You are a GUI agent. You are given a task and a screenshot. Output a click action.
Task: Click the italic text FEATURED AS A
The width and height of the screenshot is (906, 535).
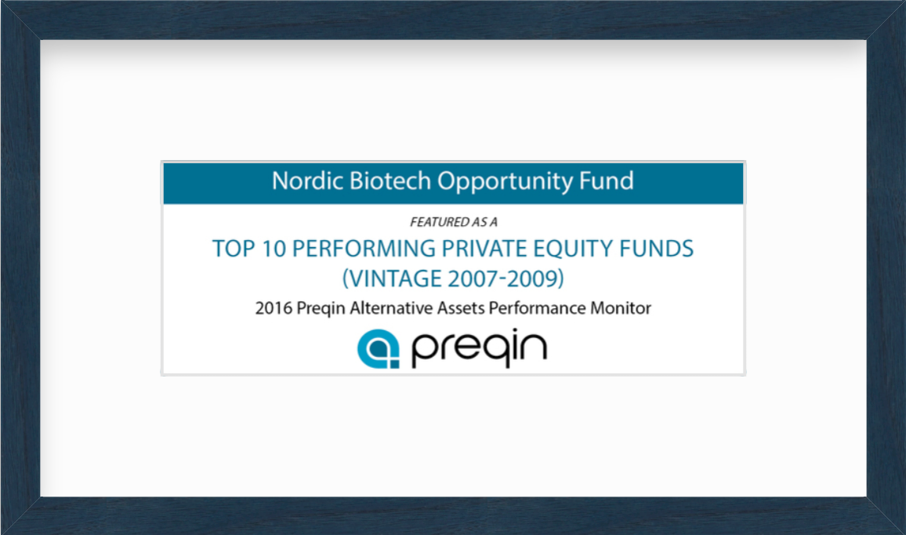click(454, 222)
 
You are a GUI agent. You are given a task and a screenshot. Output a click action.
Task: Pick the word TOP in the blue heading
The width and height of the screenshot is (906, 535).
click(234, 249)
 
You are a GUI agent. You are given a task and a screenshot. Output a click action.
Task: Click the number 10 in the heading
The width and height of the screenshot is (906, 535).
click(274, 249)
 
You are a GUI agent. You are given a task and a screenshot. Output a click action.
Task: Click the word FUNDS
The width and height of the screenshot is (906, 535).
click(657, 249)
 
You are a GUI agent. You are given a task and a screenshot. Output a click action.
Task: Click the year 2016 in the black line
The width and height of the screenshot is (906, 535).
click(274, 308)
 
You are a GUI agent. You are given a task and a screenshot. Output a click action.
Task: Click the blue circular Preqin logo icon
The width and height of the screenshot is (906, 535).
click(378, 349)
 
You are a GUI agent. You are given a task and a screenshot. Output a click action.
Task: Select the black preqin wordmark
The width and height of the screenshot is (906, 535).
click(479, 349)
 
